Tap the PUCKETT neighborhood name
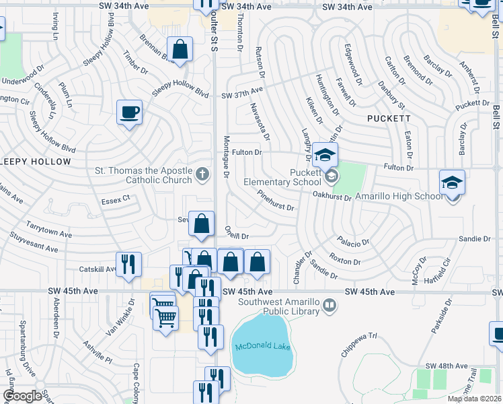point(389,118)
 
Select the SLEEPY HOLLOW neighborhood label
point(35,162)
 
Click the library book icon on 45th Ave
point(330,306)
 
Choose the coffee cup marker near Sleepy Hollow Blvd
point(129,112)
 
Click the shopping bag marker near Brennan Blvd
point(180,49)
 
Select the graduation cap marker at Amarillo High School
point(452,182)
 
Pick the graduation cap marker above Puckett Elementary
point(325,155)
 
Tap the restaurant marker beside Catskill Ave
point(127,264)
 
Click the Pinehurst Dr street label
point(276,200)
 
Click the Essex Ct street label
point(115,200)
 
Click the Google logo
point(22,396)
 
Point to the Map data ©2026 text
point(473,399)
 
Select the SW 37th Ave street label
point(242,95)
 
